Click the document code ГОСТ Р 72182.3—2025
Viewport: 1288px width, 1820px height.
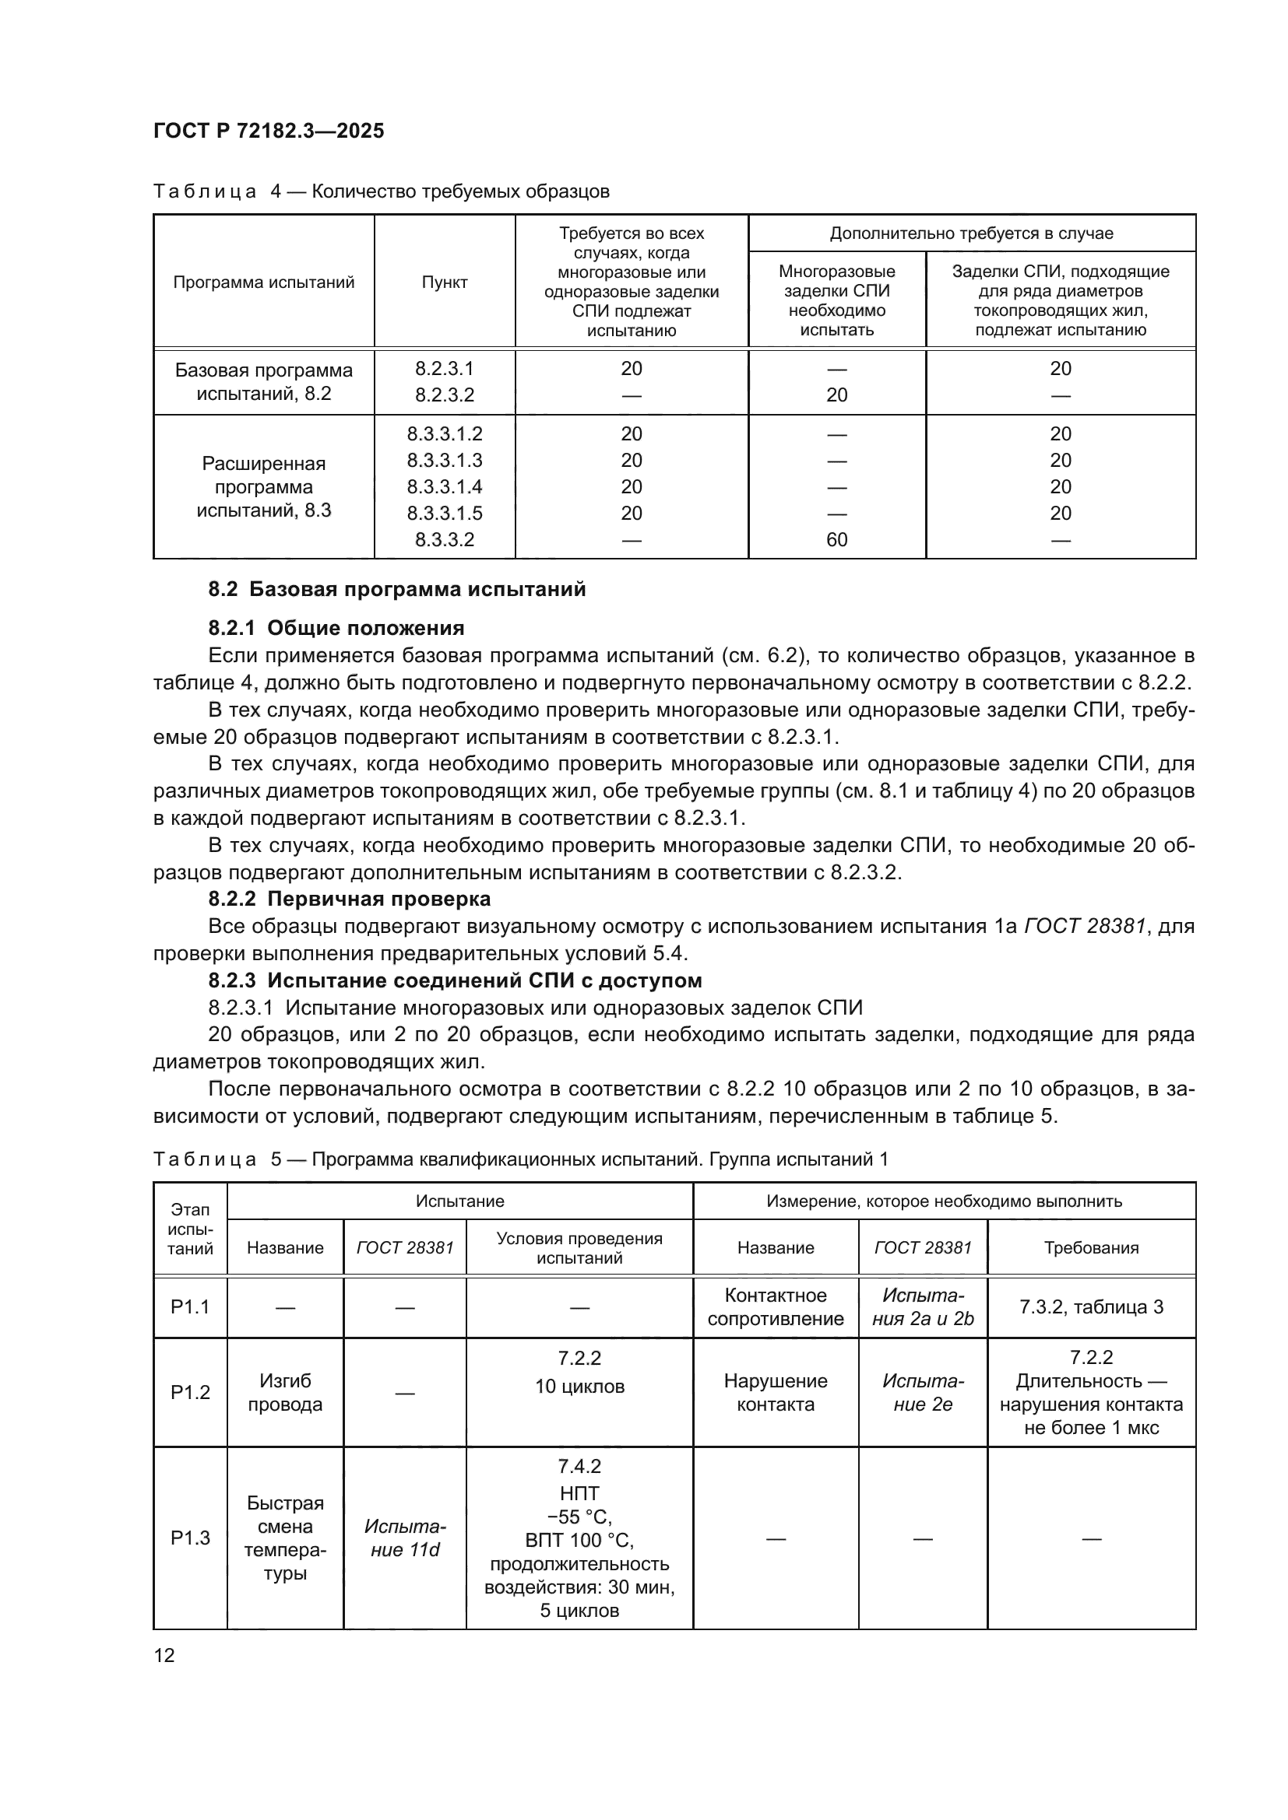(268, 131)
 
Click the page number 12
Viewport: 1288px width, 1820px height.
(164, 1655)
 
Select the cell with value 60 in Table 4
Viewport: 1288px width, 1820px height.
(836, 540)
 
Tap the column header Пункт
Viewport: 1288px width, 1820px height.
(444, 282)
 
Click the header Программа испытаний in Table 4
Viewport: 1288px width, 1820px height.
(263, 282)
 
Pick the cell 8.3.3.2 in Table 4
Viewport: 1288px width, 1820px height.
(444, 540)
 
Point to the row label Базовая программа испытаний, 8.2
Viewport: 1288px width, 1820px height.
(263, 382)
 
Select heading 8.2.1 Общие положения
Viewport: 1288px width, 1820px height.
(336, 629)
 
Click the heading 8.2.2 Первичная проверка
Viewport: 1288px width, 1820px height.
(350, 899)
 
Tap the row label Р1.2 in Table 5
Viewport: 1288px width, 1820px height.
(190, 1393)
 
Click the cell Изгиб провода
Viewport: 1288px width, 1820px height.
(285, 1393)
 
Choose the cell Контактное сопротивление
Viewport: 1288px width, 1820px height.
(776, 1307)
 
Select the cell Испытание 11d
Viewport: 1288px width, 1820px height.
(404, 1538)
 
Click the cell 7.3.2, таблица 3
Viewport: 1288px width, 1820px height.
(1091, 1307)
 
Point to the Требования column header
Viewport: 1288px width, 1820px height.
(1091, 1247)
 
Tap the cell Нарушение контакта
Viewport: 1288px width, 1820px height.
(776, 1393)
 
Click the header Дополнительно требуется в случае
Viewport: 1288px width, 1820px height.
(972, 233)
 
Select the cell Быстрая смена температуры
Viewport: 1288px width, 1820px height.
(285, 1538)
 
